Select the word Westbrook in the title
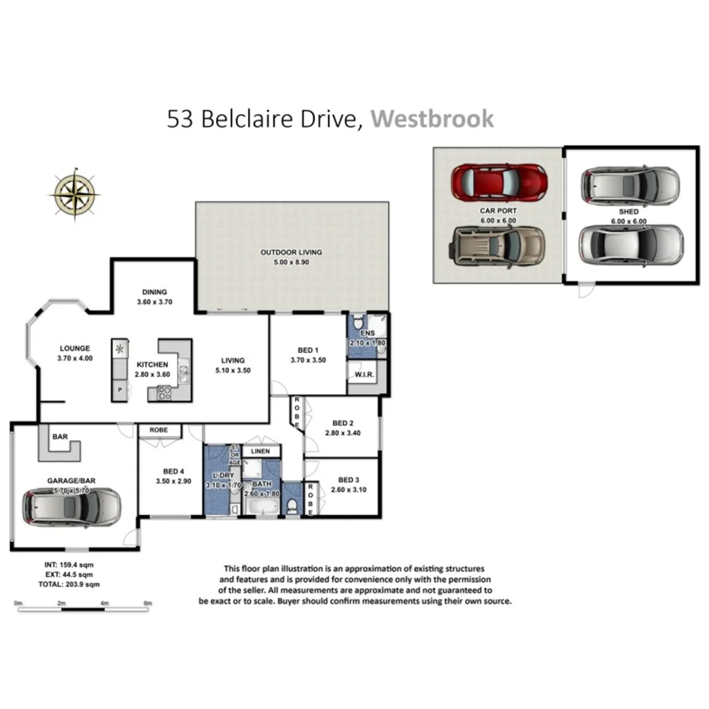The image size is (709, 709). pyautogui.click(x=432, y=119)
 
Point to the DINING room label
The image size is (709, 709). pyautogui.click(x=154, y=292)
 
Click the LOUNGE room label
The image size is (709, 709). pyautogui.click(x=75, y=348)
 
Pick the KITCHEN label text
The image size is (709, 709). pyautogui.click(x=152, y=364)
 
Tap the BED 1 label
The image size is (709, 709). pyautogui.click(x=308, y=351)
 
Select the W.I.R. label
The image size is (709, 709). pyautogui.click(x=361, y=374)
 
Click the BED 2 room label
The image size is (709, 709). pyautogui.click(x=342, y=423)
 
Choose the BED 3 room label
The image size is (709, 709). pyautogui.click(x=348, y=480)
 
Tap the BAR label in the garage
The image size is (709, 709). pyautogui.click(x=59, y=437)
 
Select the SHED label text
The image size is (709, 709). pyautogui.click(x=629, y=211)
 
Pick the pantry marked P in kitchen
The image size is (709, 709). pyautogui.click(x=119, y=389)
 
